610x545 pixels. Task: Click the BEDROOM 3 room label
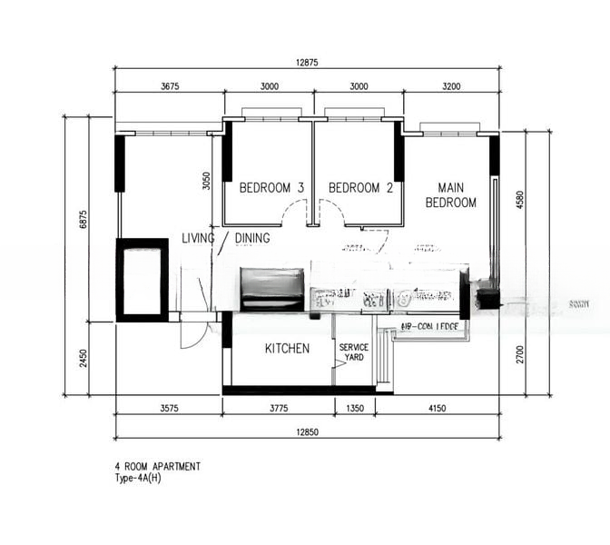point(271,188)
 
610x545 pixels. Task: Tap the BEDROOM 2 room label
point(360,188)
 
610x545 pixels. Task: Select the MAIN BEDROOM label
point(451,196)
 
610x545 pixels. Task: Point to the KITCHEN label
point(287,349)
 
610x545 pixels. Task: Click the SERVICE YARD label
point(354,352)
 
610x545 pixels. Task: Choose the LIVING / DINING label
point(225,239)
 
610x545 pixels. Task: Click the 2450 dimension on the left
point(82,358)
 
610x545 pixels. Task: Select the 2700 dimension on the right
point(520,354)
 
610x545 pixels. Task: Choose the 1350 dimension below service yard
point(355,409)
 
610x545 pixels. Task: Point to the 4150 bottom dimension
point(437,409)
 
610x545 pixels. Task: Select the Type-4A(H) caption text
point(138,477)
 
